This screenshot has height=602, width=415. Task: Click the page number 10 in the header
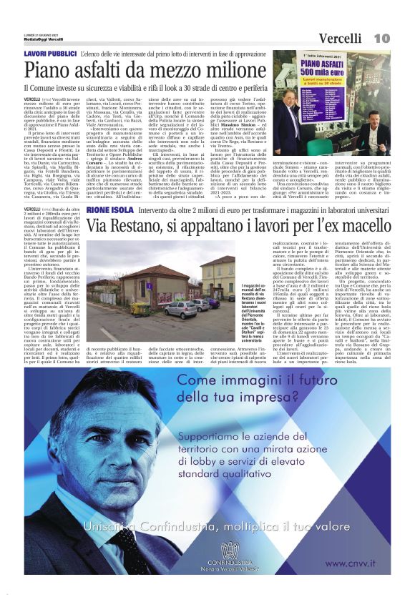coord(381,37)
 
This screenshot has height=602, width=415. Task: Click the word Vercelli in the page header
coord(339,38)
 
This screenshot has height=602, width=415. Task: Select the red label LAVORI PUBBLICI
coord(50,54)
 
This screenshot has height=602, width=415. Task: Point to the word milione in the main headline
coord(232,70)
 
